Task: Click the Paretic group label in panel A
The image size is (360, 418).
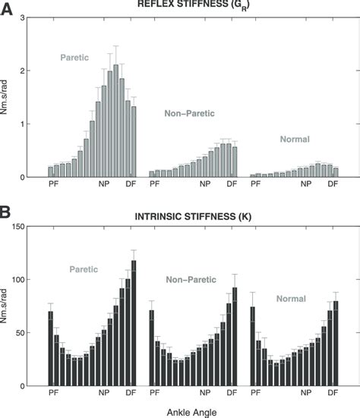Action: (x=74, y=57)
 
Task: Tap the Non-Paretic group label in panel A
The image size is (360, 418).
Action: (x=189, y=112)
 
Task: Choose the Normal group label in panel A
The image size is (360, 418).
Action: (x=295, y=140)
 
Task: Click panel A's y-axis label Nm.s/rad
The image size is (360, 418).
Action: (x=11, y=98)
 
